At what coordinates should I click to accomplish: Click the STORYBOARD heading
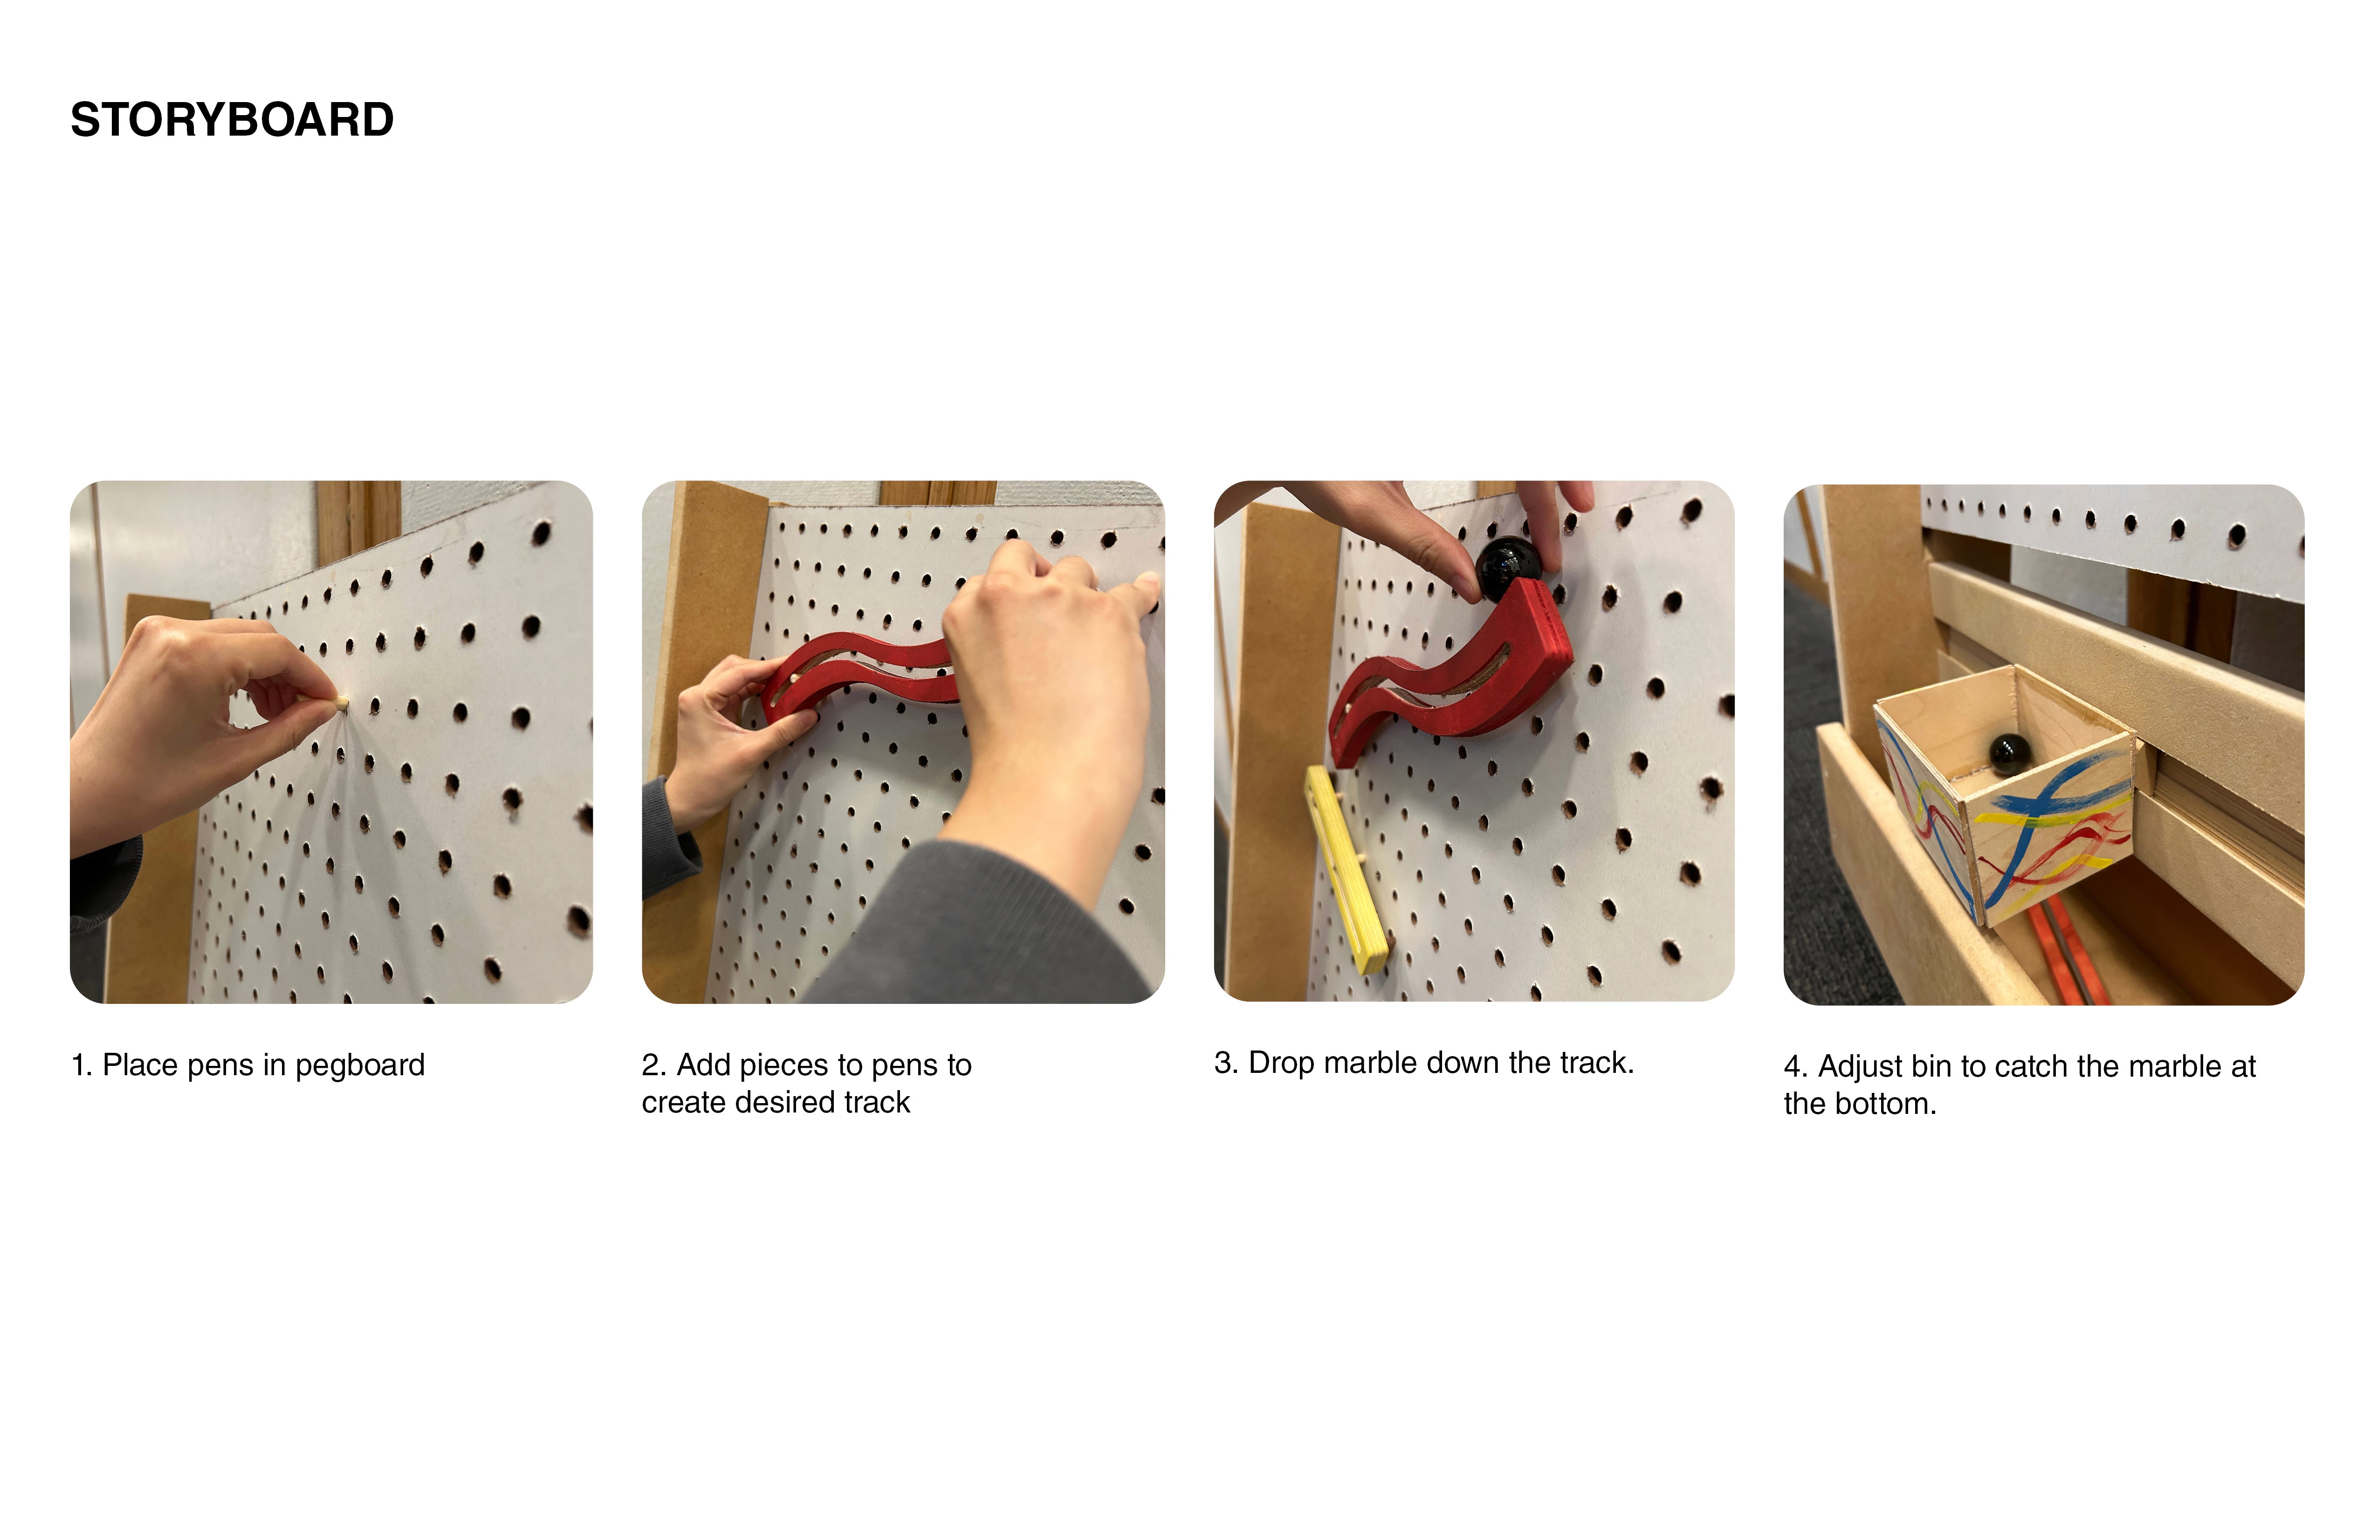tap(232, 120)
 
